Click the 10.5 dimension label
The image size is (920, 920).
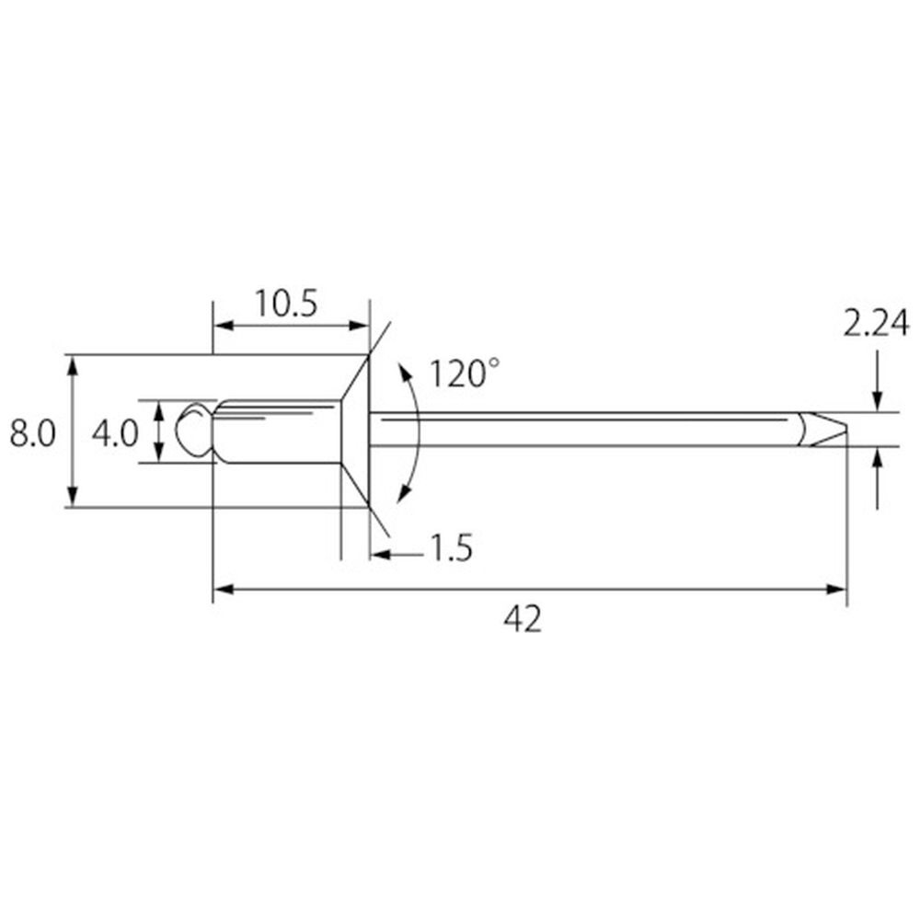286,304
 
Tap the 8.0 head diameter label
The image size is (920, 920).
32,433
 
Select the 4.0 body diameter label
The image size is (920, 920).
115,433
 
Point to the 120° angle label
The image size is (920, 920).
465,374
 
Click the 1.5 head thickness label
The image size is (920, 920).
451,548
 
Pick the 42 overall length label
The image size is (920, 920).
523,619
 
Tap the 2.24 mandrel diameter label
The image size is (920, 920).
876,323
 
